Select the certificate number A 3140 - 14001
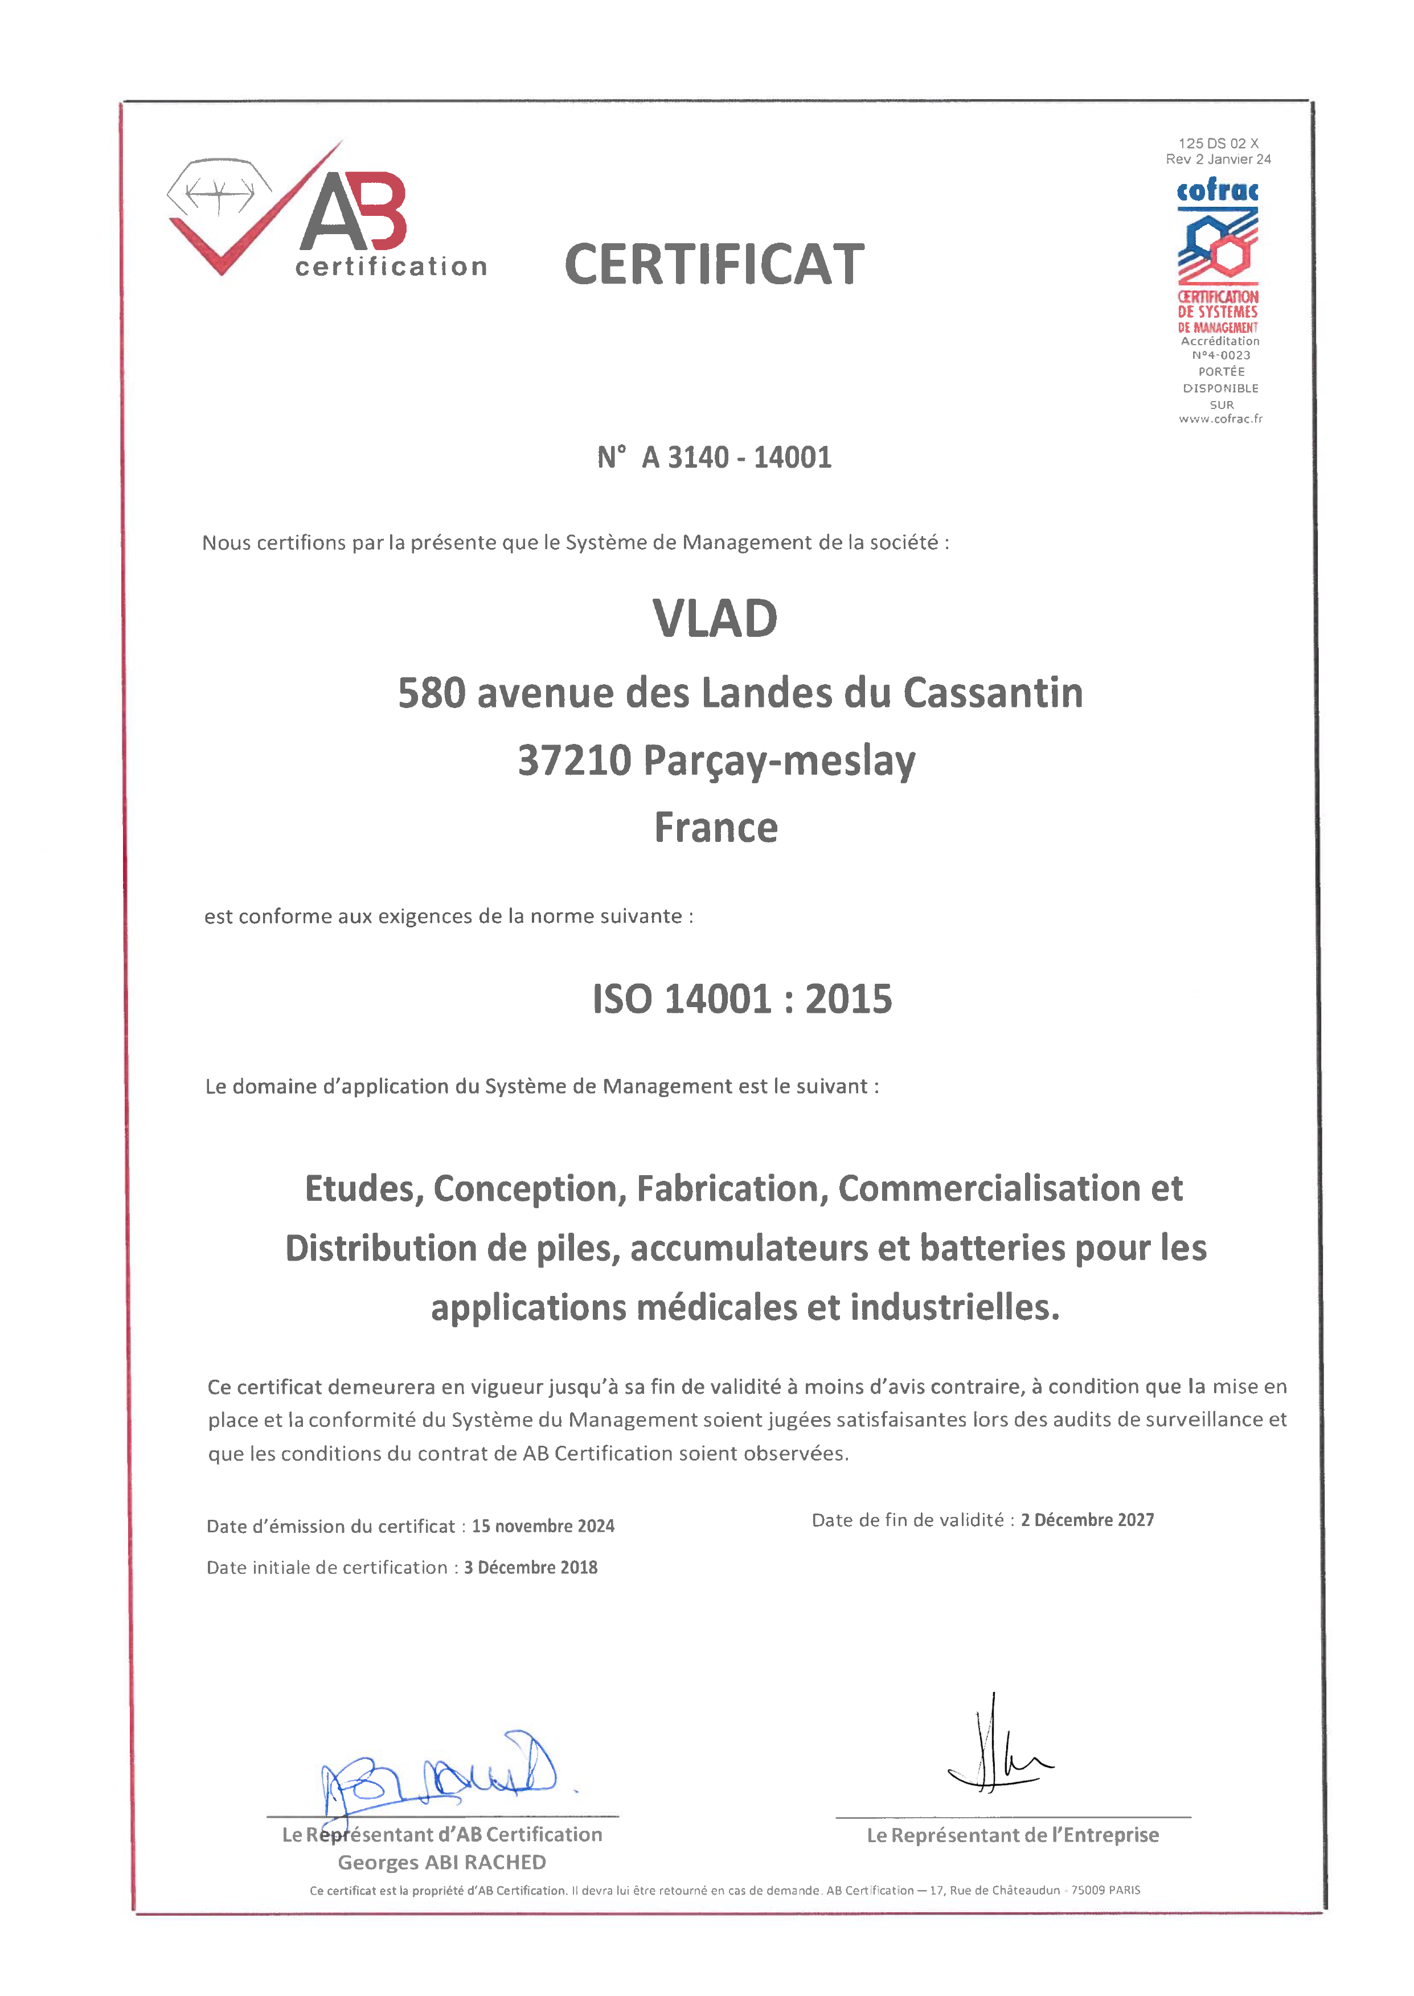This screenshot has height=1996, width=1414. point(736,457)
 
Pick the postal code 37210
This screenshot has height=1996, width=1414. point(574,760)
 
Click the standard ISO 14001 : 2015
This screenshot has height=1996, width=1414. point(742,999)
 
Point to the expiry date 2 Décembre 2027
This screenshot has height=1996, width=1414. point(1088,1520)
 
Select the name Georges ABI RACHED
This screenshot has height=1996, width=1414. point(441,1862)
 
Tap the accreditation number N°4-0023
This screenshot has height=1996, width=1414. point(1221,355)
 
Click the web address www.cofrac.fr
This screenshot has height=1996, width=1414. point(1221,419)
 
